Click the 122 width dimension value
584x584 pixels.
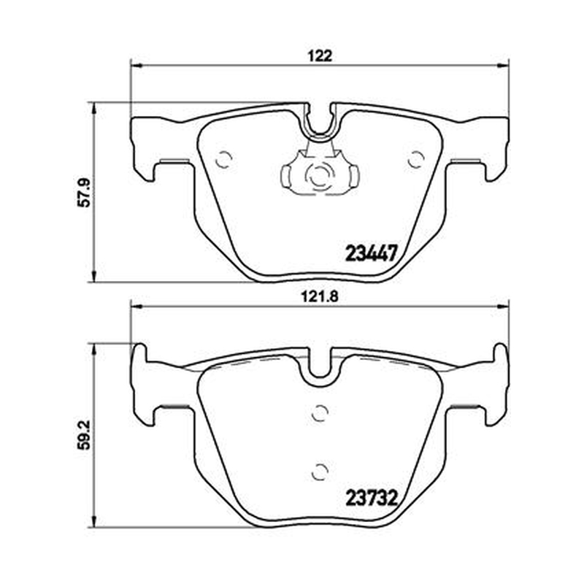point(320,56)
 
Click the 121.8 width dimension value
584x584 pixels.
point(320,297)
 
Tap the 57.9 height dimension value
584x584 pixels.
point(85,192)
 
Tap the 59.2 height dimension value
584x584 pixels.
point(85,434)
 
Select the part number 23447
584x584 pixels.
point(370,253)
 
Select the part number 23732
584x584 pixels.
point(372,498)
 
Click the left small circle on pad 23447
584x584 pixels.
point(224,161)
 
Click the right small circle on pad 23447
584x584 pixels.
point(415,161)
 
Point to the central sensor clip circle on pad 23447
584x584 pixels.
point(318,174)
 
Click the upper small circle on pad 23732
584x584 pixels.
point(320,412)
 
